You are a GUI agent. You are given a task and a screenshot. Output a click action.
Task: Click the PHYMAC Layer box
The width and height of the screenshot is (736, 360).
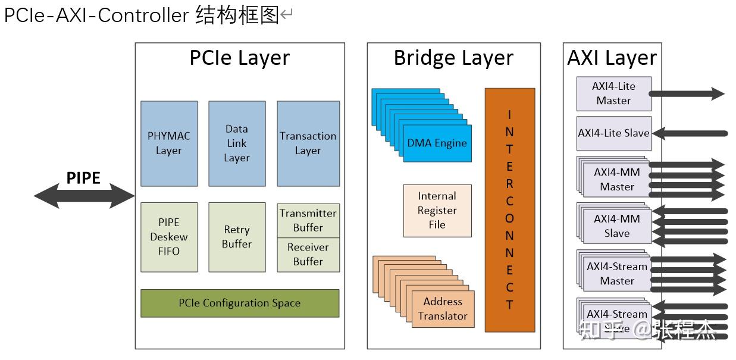point(169,143)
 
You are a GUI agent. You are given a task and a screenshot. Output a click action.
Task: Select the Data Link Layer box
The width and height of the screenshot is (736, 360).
point(237,143)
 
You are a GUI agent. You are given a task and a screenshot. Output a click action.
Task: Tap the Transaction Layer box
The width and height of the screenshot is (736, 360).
point(308,143)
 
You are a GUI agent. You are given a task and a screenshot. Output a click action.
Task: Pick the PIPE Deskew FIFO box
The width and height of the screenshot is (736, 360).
point(169,237)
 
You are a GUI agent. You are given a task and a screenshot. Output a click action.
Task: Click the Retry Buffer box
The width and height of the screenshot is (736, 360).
point(237,237)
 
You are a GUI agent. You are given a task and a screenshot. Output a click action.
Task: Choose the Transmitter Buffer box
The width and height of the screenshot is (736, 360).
point(308,220)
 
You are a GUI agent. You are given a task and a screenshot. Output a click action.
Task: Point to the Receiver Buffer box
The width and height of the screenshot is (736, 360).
point(308,255)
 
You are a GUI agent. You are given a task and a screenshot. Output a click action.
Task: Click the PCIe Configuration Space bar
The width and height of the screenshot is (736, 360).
point(240,303)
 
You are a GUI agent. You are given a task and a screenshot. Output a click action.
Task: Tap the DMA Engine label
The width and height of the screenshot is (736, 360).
point(437,143)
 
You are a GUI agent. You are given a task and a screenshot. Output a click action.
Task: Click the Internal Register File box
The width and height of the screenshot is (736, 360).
point(437,211)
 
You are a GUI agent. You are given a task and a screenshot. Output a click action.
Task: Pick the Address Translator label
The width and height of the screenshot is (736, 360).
point(442,309)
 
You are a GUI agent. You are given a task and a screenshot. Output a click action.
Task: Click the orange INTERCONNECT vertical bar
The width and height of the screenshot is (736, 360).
point(509,209)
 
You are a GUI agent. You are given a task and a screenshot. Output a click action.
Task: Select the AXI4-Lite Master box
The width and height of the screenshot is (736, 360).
point(614,93)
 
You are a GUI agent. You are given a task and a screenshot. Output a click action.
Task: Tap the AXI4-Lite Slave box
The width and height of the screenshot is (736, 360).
point(614,133)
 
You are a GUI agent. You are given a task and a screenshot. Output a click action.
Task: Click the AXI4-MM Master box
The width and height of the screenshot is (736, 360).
point(617,179)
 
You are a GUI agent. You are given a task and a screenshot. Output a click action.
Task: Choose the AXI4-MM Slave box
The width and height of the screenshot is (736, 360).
point(617,226)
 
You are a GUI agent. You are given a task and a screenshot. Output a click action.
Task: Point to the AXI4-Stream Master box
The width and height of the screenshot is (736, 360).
point(617,274)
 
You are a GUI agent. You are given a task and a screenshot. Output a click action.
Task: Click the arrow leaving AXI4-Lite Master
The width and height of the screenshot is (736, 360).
point(687,93)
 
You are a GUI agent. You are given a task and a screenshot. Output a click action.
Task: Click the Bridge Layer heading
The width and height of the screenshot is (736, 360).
point(453,58)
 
